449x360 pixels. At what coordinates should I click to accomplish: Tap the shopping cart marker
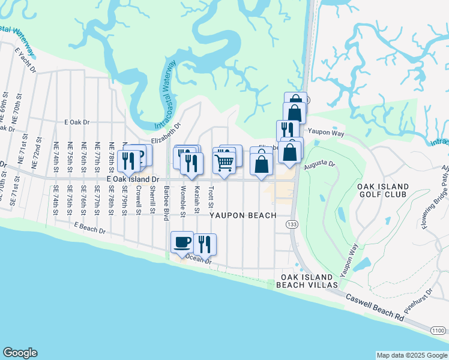click(224, 161)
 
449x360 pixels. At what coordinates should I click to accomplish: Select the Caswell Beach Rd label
click(374, 306)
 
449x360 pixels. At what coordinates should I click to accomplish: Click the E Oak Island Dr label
click(133, 179)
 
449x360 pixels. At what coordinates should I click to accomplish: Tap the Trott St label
click(211, 194)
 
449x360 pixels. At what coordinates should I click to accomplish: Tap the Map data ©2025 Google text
click(411, 355)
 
